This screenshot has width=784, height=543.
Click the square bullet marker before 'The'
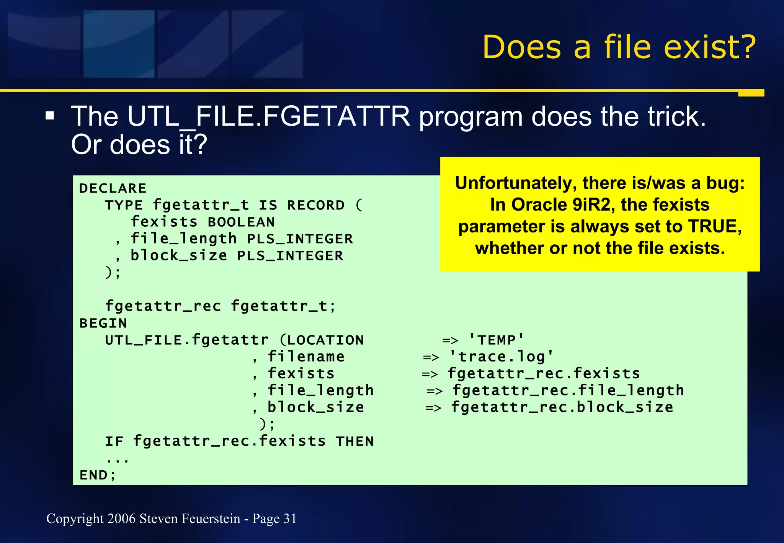tap(50, 116)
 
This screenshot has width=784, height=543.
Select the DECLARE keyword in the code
tap(113, 188)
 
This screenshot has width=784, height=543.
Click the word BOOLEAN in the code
tap(241, 222)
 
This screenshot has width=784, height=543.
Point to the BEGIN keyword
tap(103, 323)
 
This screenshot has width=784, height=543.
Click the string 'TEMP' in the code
tap(496, 340)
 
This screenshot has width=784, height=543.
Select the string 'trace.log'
tap(501, 357)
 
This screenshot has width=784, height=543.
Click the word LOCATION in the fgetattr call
tap(325, 340)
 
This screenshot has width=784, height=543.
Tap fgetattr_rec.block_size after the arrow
tap(562, 407)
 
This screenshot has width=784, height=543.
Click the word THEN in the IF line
tap(354, 441)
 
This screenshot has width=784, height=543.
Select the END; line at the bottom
tap(98, 475)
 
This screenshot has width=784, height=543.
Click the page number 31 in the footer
tap(290, 518)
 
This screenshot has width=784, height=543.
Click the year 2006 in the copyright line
tap(121, 518)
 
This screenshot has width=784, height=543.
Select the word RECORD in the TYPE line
tap(316, 205)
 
